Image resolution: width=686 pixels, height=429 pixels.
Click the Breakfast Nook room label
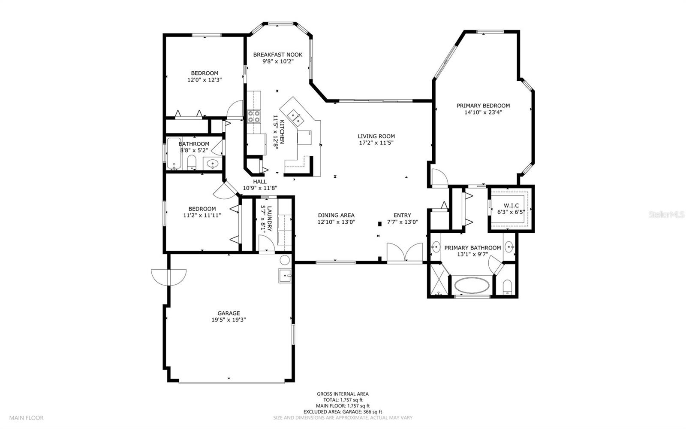[277, 55]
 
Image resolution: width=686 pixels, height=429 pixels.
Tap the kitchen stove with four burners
[254, 116]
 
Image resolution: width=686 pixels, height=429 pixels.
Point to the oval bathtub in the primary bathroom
[472, 286]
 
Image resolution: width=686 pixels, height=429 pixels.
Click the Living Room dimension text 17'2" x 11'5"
[376, 143]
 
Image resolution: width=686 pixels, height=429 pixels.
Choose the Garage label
[229, 313]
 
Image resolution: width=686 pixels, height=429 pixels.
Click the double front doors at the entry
[405, 253]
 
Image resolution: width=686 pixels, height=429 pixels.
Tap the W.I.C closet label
[511, 205]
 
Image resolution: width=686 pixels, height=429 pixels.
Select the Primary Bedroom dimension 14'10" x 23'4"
[483, 112]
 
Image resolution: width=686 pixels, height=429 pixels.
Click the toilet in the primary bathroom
[507, 287]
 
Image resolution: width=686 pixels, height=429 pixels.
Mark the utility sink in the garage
[285, 276]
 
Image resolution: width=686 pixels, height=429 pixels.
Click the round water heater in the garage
[285, 260]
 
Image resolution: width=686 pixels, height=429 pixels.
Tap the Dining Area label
[336, 215]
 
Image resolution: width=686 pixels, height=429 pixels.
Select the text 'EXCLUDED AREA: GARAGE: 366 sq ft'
[343, 412]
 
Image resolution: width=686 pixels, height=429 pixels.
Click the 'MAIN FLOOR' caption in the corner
[26, 418]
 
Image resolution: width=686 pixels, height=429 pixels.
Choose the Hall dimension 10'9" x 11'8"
[260, 188]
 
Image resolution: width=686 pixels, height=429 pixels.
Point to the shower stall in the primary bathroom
[439, 280]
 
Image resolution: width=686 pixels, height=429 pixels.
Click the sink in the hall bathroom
[212, 164]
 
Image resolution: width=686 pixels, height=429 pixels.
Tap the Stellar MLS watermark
[666, 214]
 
